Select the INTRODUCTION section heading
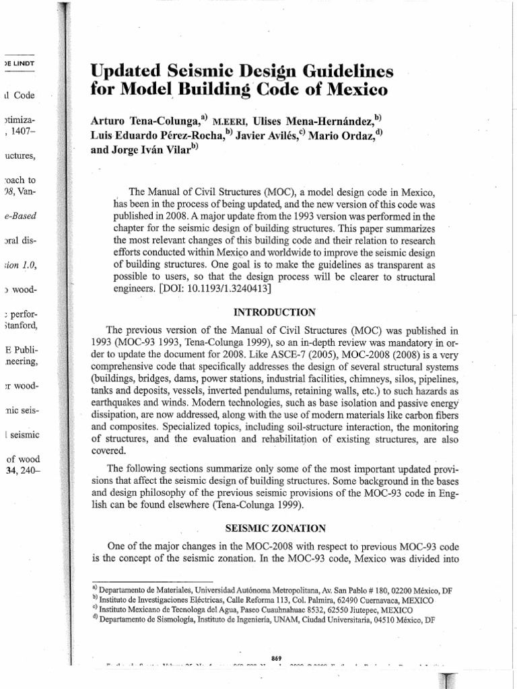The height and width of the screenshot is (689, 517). tap(274, 313)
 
